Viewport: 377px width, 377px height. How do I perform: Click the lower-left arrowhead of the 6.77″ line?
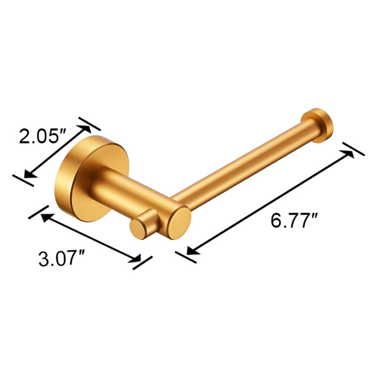pyautogui.click(x=191, y=250)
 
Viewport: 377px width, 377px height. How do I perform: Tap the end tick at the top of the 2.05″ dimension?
pyautogui.click(x=89, y=124)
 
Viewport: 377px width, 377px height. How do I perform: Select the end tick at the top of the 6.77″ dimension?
pyautogui.click(x=353, y=149)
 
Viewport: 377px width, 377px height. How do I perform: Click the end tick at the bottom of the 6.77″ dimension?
pyautogui.click(x=185, y=257)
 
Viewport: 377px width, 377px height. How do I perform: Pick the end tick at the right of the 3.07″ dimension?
pyautogui.click(x=142, y=263)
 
